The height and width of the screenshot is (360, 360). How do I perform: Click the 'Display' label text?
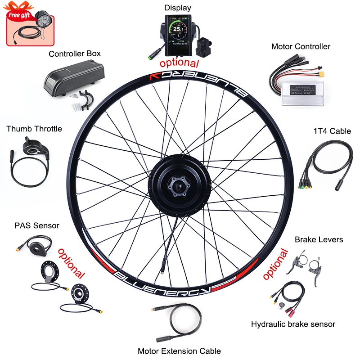pyautogui.click(x=177, y=8)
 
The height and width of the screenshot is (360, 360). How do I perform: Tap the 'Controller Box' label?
pyautogui.click(x=75, y=54)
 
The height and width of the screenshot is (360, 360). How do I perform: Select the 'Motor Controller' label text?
pyautogui.click(x=301, y=46)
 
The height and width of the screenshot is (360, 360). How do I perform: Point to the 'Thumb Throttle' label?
pyautogui.click(x=34, y=129)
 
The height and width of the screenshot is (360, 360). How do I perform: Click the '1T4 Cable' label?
pyautogui.click(x=332, y=131)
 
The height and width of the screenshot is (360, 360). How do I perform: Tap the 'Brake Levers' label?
pyautogui.click(x=319, y=239)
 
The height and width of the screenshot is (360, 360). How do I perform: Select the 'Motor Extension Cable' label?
pyautogui.click(x=179, y=351)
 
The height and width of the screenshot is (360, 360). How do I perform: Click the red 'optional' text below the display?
pyautogui.click(x=179, y=63)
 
